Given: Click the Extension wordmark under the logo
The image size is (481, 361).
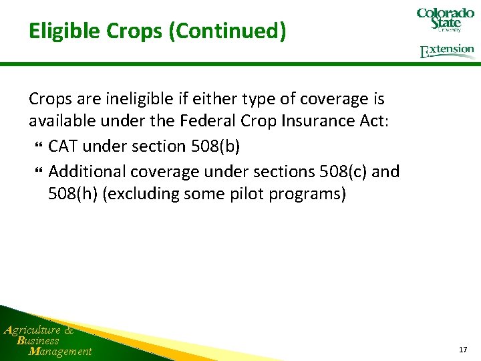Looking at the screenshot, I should click(x=447, y=51).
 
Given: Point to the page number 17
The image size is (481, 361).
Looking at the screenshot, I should click(x=463, y=350).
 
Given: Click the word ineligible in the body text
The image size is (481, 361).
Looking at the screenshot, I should click(x=146, y=99).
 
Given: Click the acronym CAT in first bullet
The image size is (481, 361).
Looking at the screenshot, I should click(x=64, y=146).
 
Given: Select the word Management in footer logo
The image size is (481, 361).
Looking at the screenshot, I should click(x=60, y=351).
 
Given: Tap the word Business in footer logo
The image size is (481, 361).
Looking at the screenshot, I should click(x=38, y=340).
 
